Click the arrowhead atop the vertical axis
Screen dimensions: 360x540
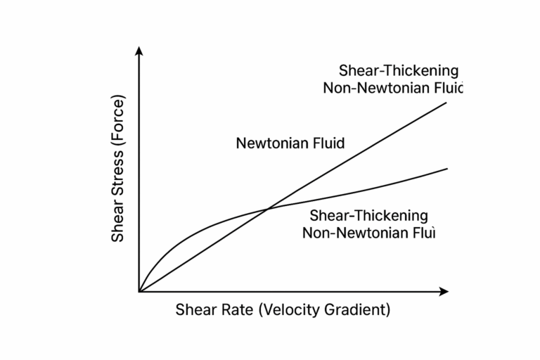coord(139,51)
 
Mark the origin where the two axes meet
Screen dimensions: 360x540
coord(139,291)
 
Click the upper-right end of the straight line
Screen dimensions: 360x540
coord(446,103)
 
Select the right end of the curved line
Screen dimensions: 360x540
coord(447,168)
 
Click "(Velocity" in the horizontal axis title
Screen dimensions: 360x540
coord(290,310)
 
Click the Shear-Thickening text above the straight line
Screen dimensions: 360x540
coord(399,70)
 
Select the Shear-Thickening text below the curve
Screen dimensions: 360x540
coord(369,214)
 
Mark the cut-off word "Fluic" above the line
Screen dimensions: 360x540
coord(449,89)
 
